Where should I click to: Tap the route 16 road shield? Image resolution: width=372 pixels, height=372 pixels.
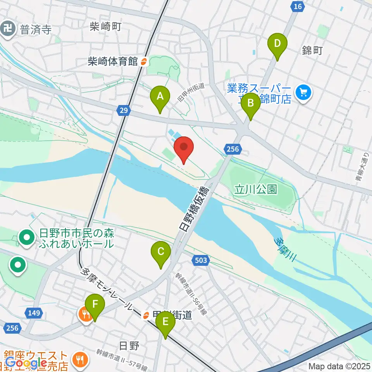297,7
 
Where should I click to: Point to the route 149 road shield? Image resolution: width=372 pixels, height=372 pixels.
34,313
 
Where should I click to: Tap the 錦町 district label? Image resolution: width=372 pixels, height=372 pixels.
312,50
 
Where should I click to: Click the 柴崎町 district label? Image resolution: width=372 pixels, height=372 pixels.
105,27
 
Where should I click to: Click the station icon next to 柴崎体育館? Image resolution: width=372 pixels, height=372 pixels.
143,61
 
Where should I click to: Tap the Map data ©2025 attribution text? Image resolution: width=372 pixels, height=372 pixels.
339,366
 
